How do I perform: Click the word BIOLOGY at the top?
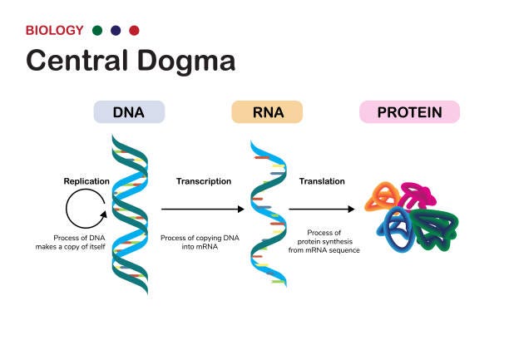[55, 31]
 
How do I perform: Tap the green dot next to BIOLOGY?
[98, 31]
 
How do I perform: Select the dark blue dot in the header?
[116, 31]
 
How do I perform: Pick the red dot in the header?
[135, 31]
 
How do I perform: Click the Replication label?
[86, 180]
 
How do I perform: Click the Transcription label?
[204, 180]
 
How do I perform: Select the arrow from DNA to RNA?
[203, 210]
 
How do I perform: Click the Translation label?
[321, 180]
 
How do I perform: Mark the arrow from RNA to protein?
[324, 210]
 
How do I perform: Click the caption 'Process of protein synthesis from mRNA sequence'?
[324, 242]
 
